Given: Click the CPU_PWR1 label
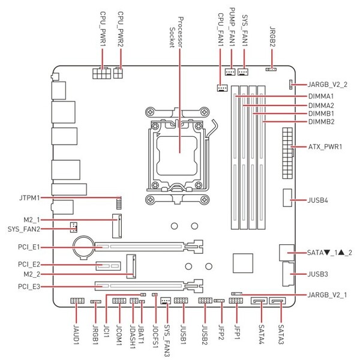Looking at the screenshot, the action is pos(103,29).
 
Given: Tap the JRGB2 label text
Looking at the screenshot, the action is pos(272,37).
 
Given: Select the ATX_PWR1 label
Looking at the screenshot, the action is pos(325,146).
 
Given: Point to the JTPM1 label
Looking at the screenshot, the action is pos(29,197).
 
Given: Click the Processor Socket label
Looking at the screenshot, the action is pos(176,32).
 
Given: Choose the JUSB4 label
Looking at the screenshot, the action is pos(318,200).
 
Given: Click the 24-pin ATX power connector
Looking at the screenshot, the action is pos(287,154).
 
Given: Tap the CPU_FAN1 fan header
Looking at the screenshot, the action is pos(222,88).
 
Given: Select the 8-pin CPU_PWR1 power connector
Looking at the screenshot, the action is pos(101,73).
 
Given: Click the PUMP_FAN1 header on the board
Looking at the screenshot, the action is pos(230,72).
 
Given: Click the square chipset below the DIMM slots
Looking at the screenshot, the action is pos(243,263).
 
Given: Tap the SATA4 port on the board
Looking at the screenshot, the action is pos(259,301).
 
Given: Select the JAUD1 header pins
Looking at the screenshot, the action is pos(77,301).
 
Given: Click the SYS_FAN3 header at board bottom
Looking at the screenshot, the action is pos(166,301).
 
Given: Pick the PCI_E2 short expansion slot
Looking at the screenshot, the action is pos(109,266).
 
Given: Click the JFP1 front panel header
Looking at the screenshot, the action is pos(236,301).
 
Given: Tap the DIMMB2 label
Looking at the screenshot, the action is pos(321,122).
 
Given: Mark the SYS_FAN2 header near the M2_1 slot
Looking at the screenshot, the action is pos(73,227).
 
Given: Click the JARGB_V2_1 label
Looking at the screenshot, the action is pos(327,295).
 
